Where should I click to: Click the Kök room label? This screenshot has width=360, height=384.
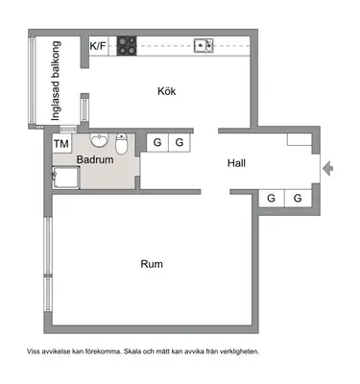[167, 91]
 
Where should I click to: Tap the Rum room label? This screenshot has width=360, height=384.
[152, 264]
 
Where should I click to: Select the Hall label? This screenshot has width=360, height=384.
[236, 163]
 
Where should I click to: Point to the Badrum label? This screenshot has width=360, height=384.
[95, 159]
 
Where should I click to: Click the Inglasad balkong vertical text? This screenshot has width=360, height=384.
[56, 81]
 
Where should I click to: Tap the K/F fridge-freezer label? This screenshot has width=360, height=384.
[98, 46]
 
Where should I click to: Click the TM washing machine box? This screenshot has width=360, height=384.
[61, 143]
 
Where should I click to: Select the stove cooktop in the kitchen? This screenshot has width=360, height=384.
[127, 46]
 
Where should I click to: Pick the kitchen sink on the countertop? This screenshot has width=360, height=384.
[204, 46]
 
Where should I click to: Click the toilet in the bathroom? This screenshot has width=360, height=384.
[121, 144]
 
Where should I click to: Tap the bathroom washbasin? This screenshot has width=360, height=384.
[100, 140]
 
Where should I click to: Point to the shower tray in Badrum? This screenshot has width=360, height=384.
[66, 178]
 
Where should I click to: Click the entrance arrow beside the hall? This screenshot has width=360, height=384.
[327, 169]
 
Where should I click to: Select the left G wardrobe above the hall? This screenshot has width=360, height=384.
[157, 142]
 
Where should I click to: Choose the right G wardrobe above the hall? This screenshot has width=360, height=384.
[180, 142]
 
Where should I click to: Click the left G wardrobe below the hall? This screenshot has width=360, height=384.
[271, 198]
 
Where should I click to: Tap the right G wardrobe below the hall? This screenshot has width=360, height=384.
[298, 198]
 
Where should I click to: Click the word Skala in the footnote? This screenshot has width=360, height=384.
[132, 351]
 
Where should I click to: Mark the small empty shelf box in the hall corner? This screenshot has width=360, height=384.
[300, 139]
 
